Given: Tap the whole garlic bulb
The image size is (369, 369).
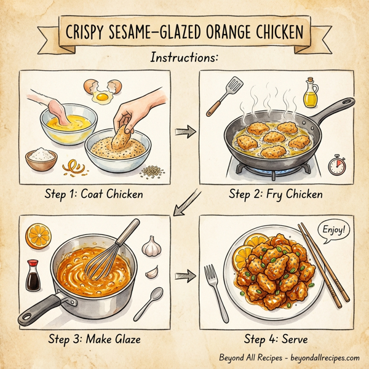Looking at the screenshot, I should pos(151,246).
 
